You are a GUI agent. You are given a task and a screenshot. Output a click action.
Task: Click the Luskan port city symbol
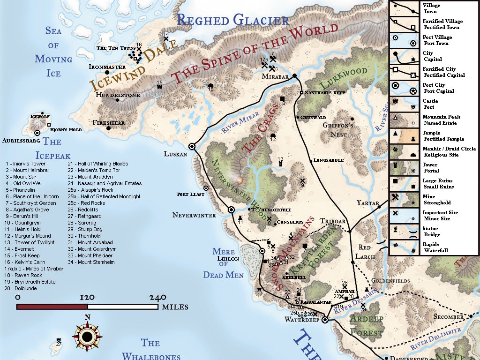click(x=192, y=146)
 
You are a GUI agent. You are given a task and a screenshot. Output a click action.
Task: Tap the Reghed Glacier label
click(x=233, y=20)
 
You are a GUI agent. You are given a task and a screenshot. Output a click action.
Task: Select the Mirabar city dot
click(x=294, y=75)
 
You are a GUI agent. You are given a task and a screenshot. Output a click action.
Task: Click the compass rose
click(x=87, y=336)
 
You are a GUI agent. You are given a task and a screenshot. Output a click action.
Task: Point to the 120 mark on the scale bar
click(x=87, y=297)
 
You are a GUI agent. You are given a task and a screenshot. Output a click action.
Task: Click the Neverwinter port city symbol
click(x=231, y=210)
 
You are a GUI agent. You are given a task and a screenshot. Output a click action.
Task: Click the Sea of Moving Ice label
click(x=53, y=52)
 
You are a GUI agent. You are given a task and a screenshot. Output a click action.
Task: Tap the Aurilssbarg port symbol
click(x=37, y=133)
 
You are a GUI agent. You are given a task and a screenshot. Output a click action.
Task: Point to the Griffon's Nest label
click(x=337, y=130)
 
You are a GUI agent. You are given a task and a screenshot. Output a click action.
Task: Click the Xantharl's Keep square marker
click(x=301, y=93)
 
